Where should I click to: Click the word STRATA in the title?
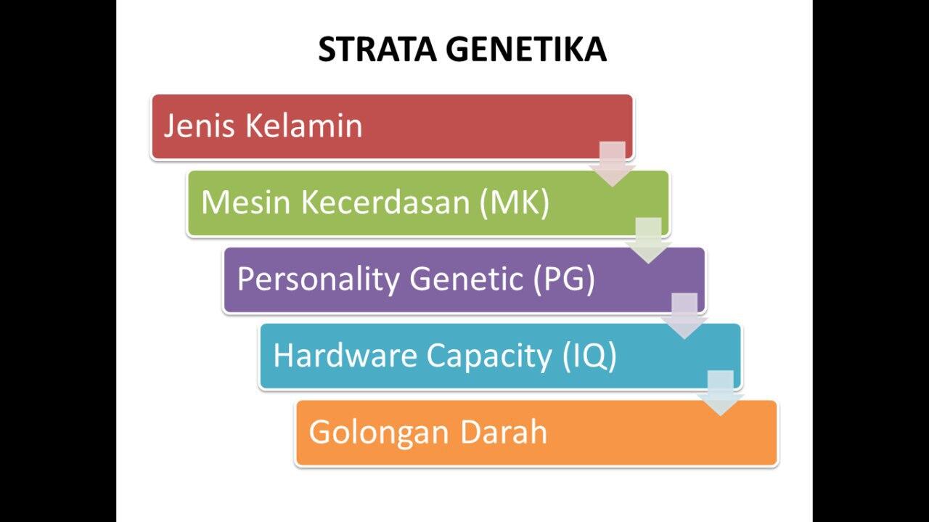click(377, 49)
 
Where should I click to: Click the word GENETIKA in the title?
click(525, 49)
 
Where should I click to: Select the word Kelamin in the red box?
click(303, 126)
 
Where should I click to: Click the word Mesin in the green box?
click(245, 202)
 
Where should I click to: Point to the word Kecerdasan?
click(385, 202)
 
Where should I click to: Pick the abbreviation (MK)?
click(514, 202)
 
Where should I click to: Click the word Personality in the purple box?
click(318, 279)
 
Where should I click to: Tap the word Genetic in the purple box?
click(466, 279)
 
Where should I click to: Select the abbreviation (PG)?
click(564, 279)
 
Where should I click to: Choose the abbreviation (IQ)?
click(589, 355)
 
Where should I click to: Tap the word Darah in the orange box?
click(504, 432)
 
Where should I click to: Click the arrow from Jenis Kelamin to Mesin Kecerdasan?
click(613, 163)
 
